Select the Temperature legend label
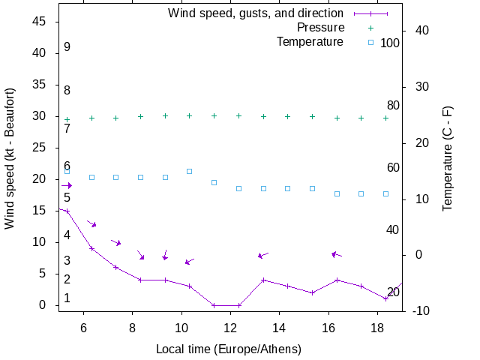click(x=310, y=42)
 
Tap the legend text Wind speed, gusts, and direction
click(x=255, y=13)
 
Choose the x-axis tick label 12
click(x=230, y=328)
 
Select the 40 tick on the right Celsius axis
click(x=418, y=31)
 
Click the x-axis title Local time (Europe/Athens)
click(x=229, y=349)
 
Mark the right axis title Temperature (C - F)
click(x=448, y=157)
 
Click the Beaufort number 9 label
click(x=67, y=47)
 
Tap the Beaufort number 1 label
click(x=67, y=298)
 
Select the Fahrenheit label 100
click(x=390, y=43)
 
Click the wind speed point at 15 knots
click(x=67, y=211)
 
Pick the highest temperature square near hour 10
click(x=189, y=171)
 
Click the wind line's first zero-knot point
click(x=214, y=305)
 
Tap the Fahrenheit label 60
click(x=393, y=167)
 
